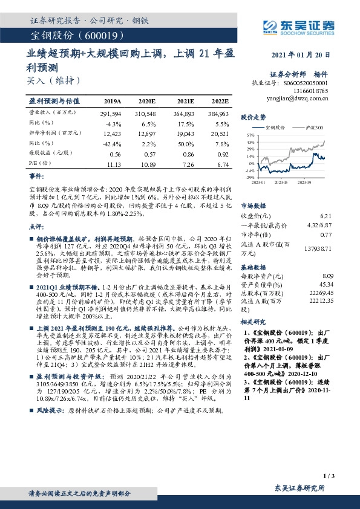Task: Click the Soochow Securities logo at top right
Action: coord(296,25)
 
